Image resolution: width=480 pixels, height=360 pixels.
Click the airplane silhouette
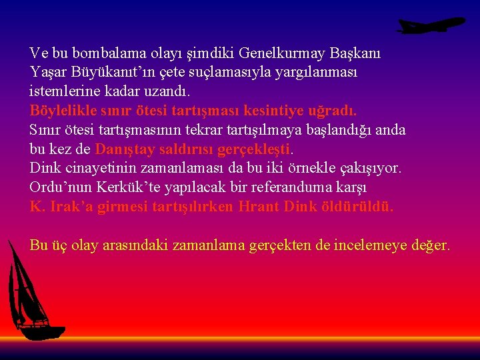pos(430,25)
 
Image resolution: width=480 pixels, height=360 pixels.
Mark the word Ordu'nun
pos(57,187)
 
